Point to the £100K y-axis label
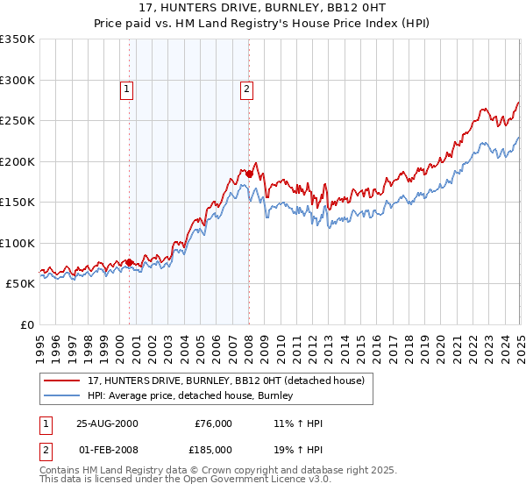point(18,243)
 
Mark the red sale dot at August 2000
point(130,262)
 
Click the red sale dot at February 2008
point(249,174)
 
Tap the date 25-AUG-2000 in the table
point(107,423)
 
